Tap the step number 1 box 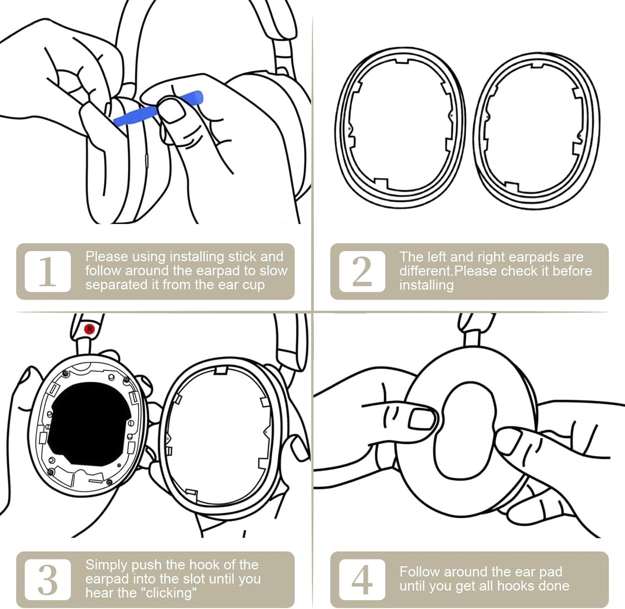pyautogui.click(x=48, y=271)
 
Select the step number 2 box pyautogui.click(x=362, y=271)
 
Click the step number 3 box pyautogui.click(x=48, y=580)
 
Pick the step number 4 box pyautogui.click(x=362, y=580)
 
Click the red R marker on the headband pyautogui.click(x=90, y=329)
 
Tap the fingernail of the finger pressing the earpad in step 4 pyautogui.click(x=422, y=419)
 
